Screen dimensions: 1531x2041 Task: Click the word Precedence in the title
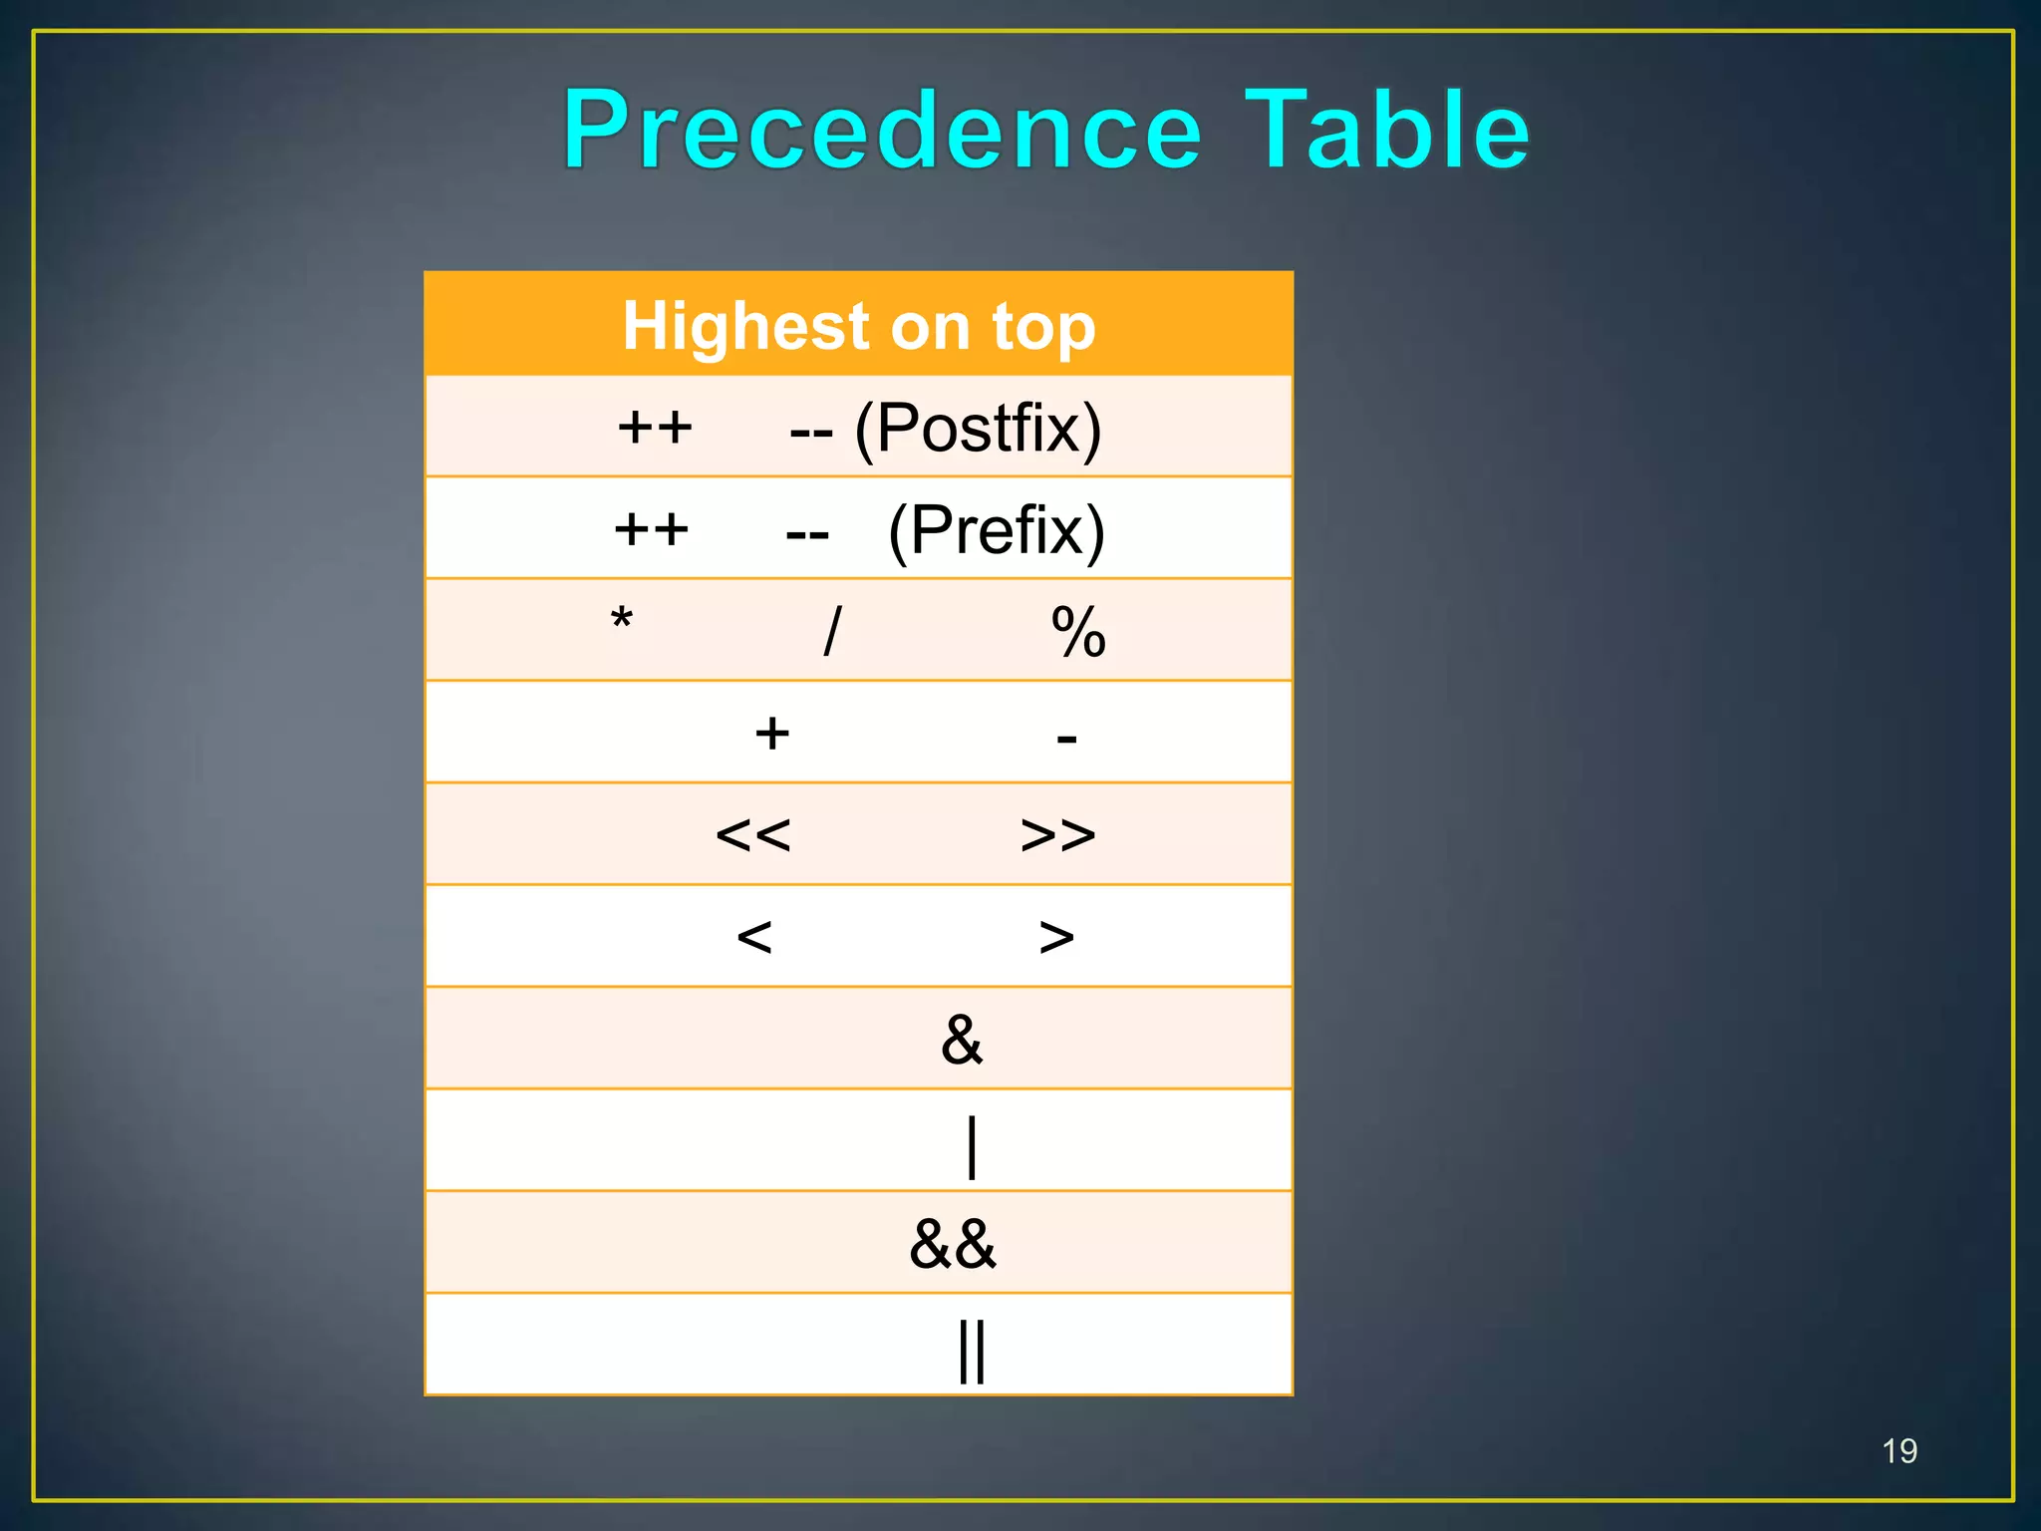(x=883, y=131)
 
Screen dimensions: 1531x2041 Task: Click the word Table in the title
(x=1386, y=131)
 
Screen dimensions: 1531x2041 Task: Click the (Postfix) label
(x=978, y=430)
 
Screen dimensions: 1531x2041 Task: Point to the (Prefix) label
(x=996, y=531)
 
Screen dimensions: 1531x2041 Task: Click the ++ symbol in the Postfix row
(x=655, y=429)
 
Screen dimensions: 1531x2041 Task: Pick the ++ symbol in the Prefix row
(x=651, y=530)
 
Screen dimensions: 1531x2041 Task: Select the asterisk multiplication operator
(x=622, y=621)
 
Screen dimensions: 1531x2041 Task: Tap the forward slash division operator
(x=833, y=632)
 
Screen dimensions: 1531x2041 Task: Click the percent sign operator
(x=1078, y=632)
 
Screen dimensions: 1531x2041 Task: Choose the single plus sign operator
(x=772, y=735)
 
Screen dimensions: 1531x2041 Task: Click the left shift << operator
(x=753, y=835)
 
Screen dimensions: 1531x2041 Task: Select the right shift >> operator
(x=1057, y=835)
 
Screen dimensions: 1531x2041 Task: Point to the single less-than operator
(x=754, y=937)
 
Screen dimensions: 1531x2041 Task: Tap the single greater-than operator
(x=1056, y=937)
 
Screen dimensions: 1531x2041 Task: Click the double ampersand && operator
(x=953, y=1244)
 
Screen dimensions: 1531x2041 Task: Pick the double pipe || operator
(x=972, y=1351)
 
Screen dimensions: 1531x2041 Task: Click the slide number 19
(x=1899, y=1451)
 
